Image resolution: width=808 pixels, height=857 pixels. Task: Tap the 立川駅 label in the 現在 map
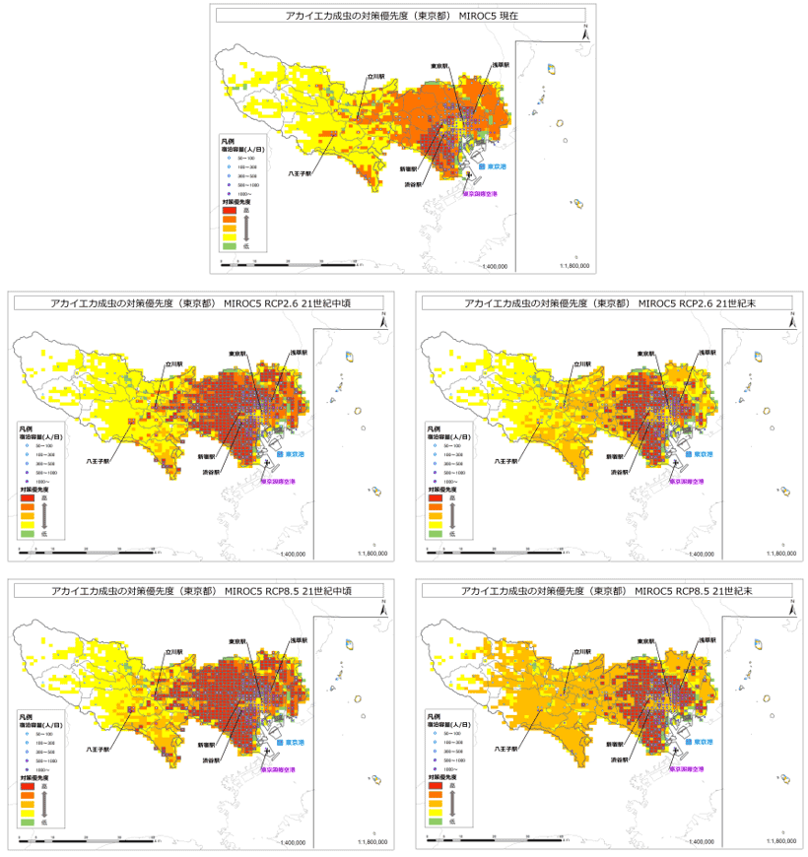click(x=374, y=76)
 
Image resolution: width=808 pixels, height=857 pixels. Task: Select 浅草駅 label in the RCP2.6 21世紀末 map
click(x=707, y=352)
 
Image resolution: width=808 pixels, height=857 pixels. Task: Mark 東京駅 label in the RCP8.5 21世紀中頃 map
click(x=236, y=642)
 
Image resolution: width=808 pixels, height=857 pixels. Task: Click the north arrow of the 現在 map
click(x=584, y=33)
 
